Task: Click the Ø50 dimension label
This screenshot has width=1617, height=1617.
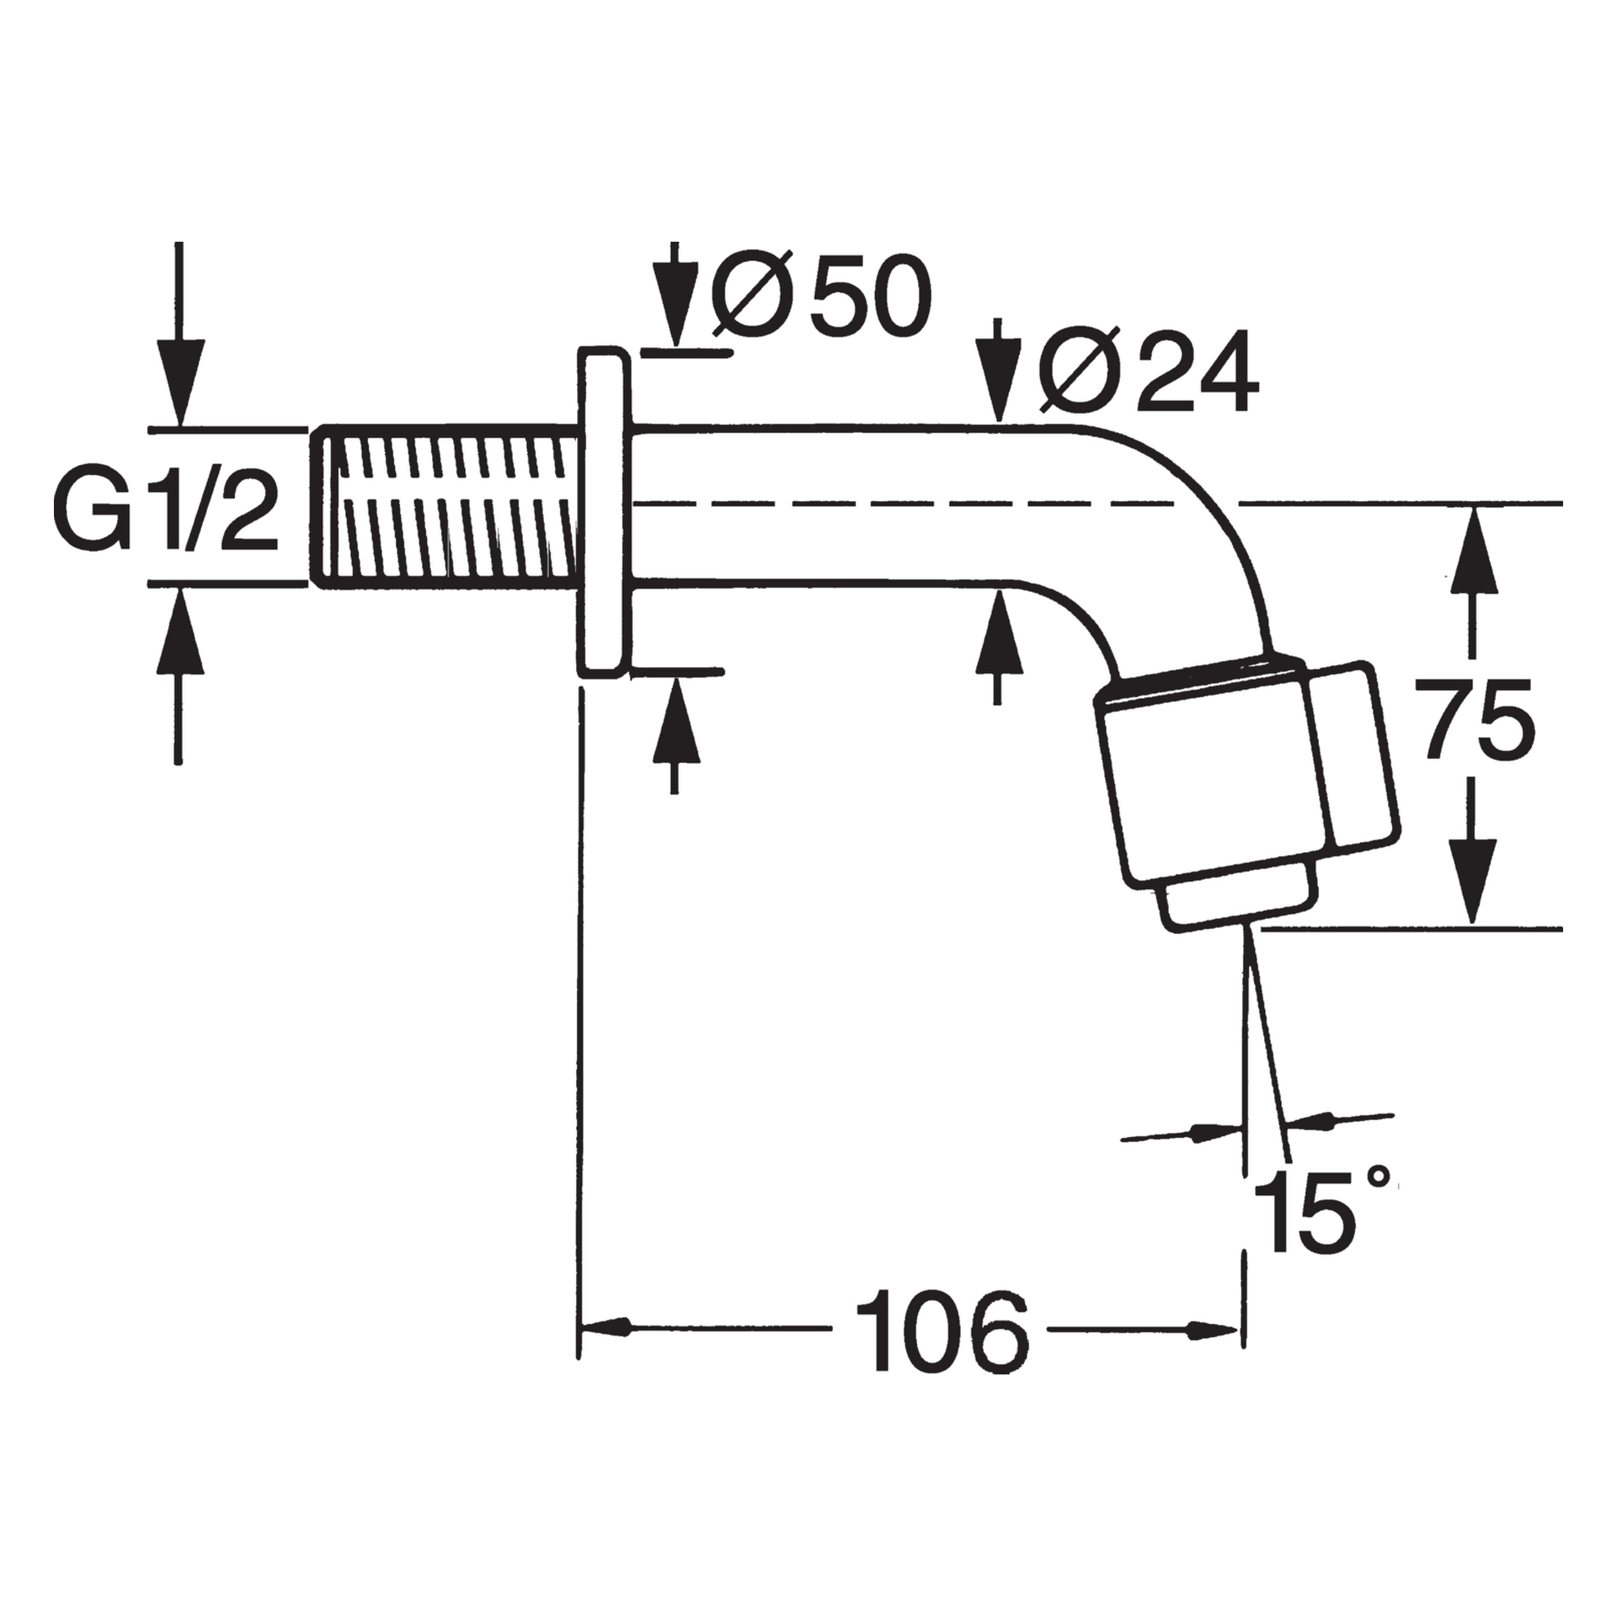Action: point(821,293)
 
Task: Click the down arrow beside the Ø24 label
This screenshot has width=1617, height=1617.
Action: point(997,380)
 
